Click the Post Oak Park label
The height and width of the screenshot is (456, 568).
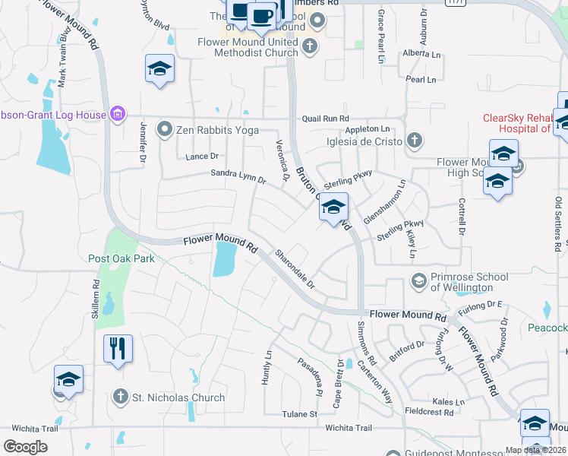point(121,258)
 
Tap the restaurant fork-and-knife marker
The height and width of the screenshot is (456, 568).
point(118,349)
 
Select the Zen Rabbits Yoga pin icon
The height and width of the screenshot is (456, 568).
point(165,130)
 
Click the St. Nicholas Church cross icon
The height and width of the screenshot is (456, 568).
point(120,397)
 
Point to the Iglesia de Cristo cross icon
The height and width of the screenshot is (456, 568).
point(414,140)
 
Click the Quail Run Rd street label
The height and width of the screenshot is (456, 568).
point(325,119)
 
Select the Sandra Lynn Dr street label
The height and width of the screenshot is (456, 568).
point(238,177)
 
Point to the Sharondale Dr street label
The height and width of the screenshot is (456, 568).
point(295,268)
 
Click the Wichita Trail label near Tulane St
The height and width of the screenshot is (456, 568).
point(349,428)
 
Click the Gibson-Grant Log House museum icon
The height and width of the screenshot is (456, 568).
point(117,115)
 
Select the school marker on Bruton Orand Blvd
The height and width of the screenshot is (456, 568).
point(333,206)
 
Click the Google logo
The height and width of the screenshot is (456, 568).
point(25,447)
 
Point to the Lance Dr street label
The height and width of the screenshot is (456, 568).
point(202,157)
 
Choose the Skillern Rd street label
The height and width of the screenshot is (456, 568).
point(96,302)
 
